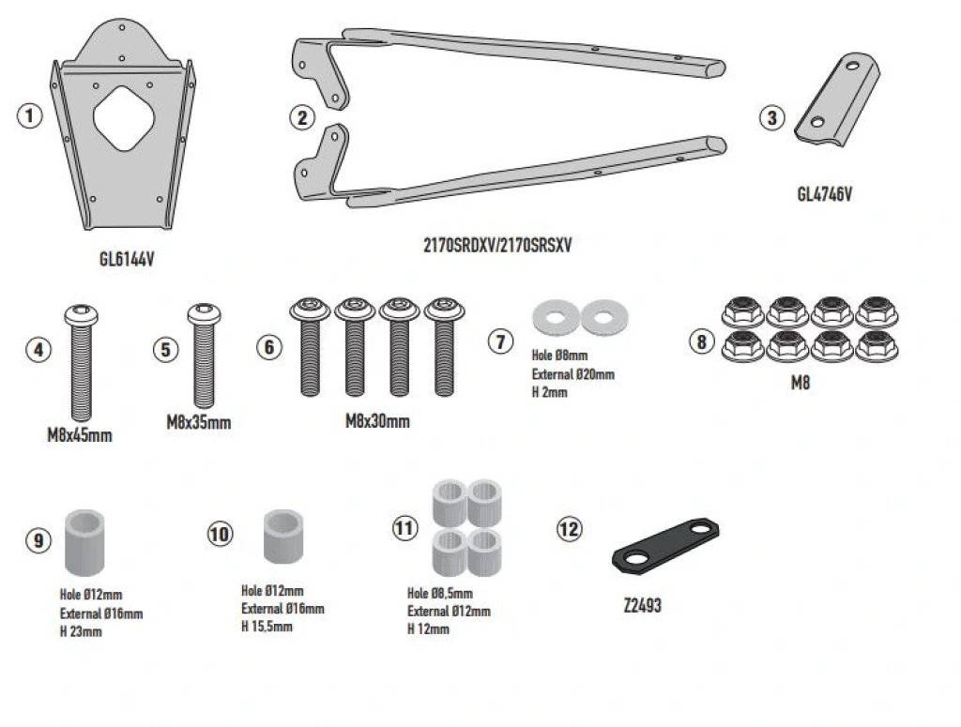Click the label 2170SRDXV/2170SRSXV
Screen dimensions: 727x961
click(x=497, y=247)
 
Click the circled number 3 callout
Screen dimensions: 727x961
click(x=771, y=117)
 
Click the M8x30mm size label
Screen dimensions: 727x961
click(x=377, y=421)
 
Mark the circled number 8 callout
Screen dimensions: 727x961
click(x=700, y=341)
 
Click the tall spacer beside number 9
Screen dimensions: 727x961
click(x=85, y=542)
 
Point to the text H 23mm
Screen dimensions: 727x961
click(x=81, y=632)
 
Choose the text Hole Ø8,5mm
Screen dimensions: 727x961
click(x=440, y=594)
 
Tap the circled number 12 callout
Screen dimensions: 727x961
click(x=569, y=529)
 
